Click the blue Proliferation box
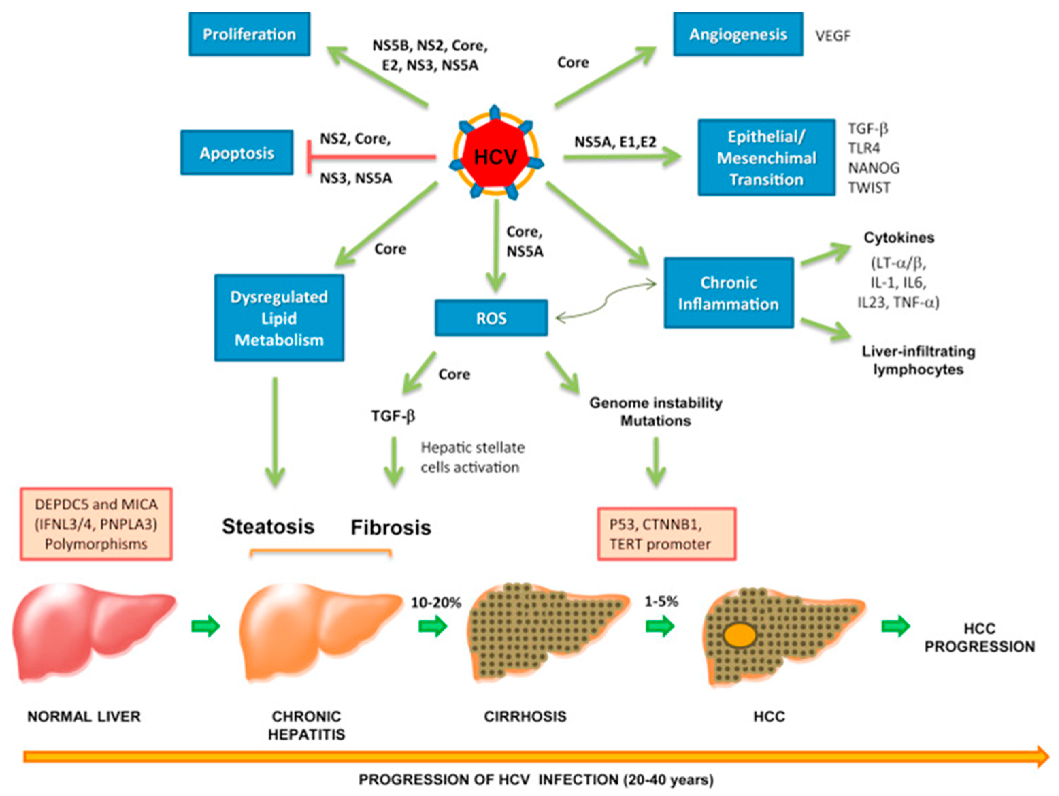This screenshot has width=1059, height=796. coord(249,34)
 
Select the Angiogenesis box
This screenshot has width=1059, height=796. coord(738,34)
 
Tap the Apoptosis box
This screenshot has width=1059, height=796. coord(237,152)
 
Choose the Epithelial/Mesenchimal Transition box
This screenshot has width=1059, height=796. coord(766,158)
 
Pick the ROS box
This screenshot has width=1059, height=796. coord(491,318)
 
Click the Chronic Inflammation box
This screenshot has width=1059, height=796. coord(729,293)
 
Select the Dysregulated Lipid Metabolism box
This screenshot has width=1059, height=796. coord(279,318)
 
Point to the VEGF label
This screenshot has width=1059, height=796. coord(833,36)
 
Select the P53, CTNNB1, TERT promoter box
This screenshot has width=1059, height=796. coord(667,534)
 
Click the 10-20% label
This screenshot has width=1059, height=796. coord(436,602)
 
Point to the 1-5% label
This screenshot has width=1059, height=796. coord(661,602)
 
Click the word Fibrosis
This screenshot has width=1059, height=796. coord(391,527)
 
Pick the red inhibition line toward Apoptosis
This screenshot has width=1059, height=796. coord(371,157)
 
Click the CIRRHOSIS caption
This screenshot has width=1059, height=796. coord(525,716)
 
